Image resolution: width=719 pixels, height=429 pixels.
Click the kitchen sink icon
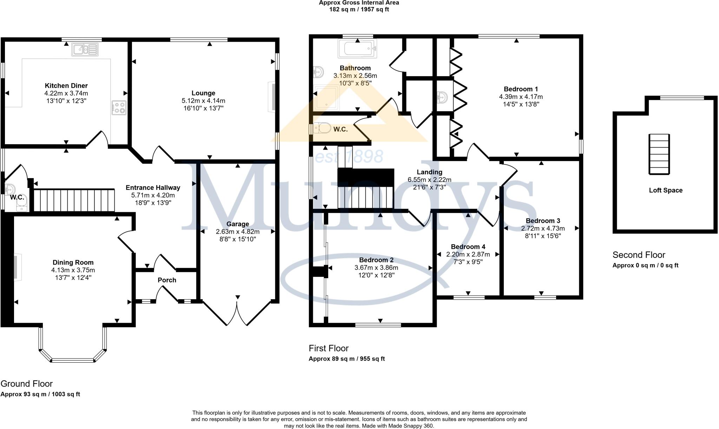85,49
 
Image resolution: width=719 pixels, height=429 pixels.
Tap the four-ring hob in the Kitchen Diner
119,108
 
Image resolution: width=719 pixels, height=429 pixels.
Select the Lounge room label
203,93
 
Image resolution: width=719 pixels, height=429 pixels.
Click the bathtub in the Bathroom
357,48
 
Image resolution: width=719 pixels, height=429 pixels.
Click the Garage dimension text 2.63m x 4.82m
238,232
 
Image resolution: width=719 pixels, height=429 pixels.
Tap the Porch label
167,280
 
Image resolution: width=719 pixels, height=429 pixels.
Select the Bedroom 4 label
468,247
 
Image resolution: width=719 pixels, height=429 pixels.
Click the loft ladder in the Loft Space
659,154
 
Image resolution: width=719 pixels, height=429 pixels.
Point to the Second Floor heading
639,255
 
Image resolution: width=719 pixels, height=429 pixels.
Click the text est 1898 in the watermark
349,156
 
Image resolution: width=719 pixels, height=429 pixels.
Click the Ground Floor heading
27,383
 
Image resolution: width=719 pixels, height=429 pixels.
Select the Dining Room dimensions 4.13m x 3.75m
73,270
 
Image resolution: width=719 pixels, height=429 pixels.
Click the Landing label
429,172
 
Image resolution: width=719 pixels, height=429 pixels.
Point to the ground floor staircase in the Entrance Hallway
74,200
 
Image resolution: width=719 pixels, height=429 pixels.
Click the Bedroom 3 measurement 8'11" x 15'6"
543,236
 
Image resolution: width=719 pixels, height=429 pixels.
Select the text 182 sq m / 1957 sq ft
358,9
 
